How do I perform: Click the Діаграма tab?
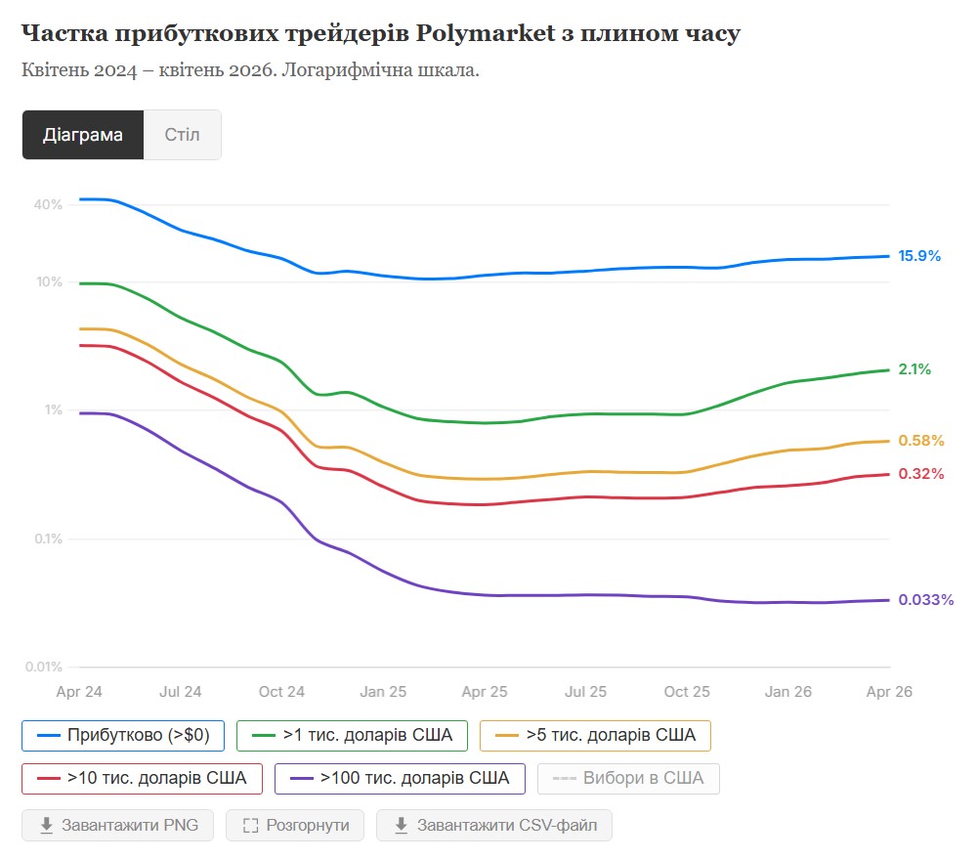[x=83, y=135]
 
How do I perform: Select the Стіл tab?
[x=182, y=135]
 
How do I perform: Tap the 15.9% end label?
[x=919, y=256]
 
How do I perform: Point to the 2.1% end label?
[x=914, y=369]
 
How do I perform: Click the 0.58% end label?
[x=921, y=441]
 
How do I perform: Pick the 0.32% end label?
[x=921, y=474]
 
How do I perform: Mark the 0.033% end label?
[x=926, y=600]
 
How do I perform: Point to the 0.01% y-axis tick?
[x=44, y=666]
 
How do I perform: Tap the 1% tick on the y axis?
[x=53, y=410]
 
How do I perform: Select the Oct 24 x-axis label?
[x=281, y=692]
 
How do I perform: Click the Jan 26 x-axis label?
[x=787, y=692]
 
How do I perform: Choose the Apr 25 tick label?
[x=485, y=692]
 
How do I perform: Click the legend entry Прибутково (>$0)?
[x=122, y=736]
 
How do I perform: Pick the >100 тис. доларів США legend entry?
[x=401, y=779]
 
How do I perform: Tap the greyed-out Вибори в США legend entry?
[x=628, y=779]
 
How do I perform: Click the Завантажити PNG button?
[x=118, y=826]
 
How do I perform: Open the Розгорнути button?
[x=295, y=826]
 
